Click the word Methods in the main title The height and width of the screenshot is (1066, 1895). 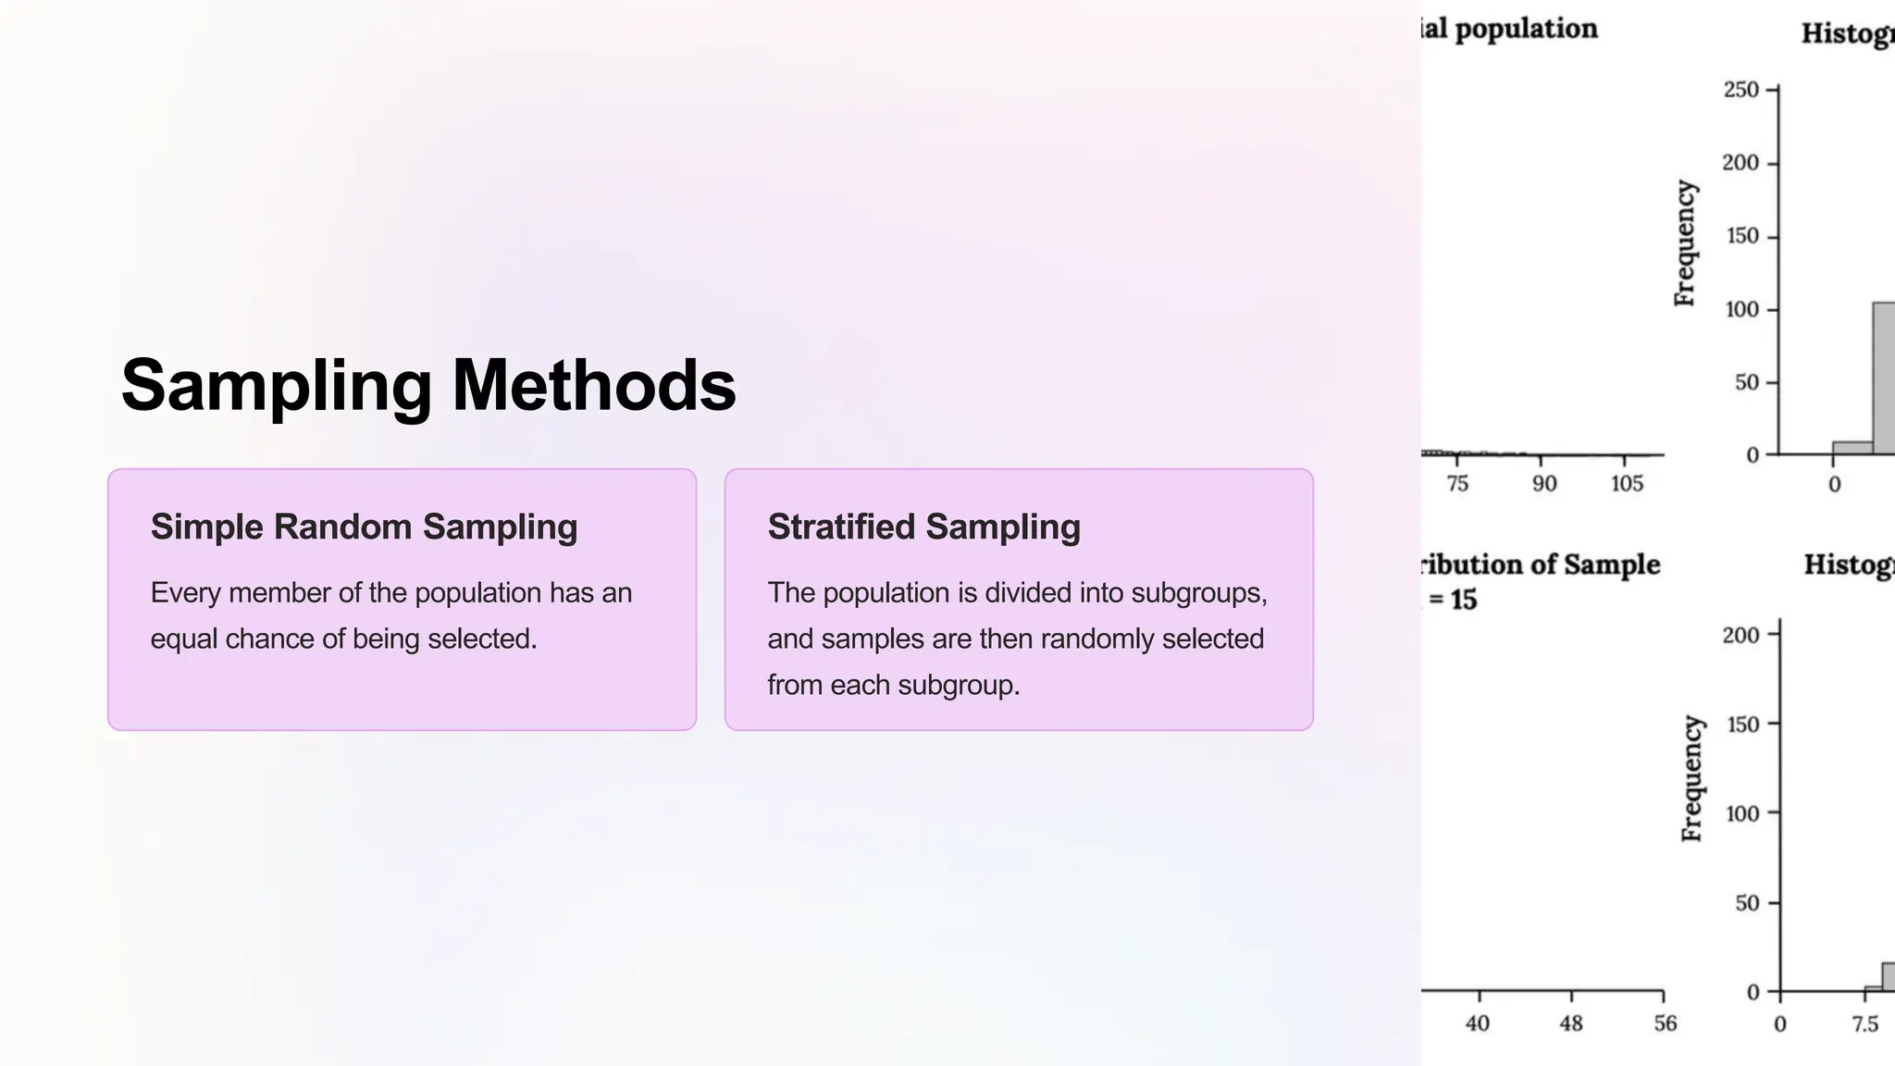593,386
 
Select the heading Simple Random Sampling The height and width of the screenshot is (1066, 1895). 364,527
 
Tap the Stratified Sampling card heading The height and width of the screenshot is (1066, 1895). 923,527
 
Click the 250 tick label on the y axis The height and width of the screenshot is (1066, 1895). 1740,90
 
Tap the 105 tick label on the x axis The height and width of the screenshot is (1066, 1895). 1627,483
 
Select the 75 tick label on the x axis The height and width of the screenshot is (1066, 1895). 1457,483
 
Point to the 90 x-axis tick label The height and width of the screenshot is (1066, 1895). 1543,483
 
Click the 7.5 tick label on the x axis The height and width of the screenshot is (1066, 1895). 1864,1023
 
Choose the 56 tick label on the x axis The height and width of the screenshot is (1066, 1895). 1665,1023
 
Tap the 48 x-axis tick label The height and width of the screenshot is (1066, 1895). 1571,1023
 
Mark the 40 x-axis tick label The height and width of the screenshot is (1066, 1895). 1478,1023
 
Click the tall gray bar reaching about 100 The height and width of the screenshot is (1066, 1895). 1884,379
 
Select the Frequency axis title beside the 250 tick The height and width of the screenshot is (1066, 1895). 1685,243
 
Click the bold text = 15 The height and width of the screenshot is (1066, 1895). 1453,600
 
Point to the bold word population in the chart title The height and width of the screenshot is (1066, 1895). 1526,29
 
